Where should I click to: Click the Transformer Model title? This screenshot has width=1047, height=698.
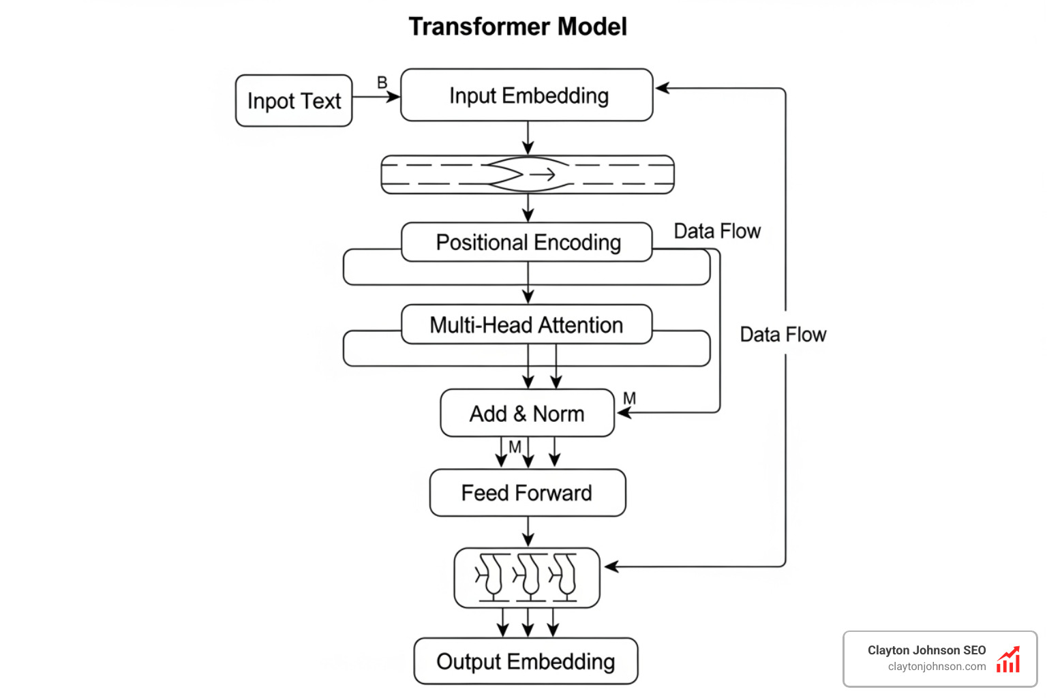point(517,27)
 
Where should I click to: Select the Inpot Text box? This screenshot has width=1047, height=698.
point(294,101)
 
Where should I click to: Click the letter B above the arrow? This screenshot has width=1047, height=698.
point(382,82)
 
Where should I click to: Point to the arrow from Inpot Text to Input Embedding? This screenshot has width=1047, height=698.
point(376,97)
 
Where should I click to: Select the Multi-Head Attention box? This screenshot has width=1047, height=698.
point(527,325)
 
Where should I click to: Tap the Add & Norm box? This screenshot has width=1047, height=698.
point(527,414)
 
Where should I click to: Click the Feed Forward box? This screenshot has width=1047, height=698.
point(527,493)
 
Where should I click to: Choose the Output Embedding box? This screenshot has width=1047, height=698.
point(526,661)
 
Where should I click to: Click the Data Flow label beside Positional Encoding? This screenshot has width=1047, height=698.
point(717,232)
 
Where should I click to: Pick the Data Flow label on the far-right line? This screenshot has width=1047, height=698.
point(783,335)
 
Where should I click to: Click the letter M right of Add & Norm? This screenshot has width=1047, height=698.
point(630,398)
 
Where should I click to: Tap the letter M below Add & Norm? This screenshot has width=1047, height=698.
point(515,446)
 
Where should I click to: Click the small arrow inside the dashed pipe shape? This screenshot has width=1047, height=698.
point(543,175)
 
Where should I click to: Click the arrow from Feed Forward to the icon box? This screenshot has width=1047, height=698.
point(528,532)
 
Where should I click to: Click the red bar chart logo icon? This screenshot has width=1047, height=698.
point(1008,660)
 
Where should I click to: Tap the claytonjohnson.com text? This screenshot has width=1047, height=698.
point(937,667)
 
